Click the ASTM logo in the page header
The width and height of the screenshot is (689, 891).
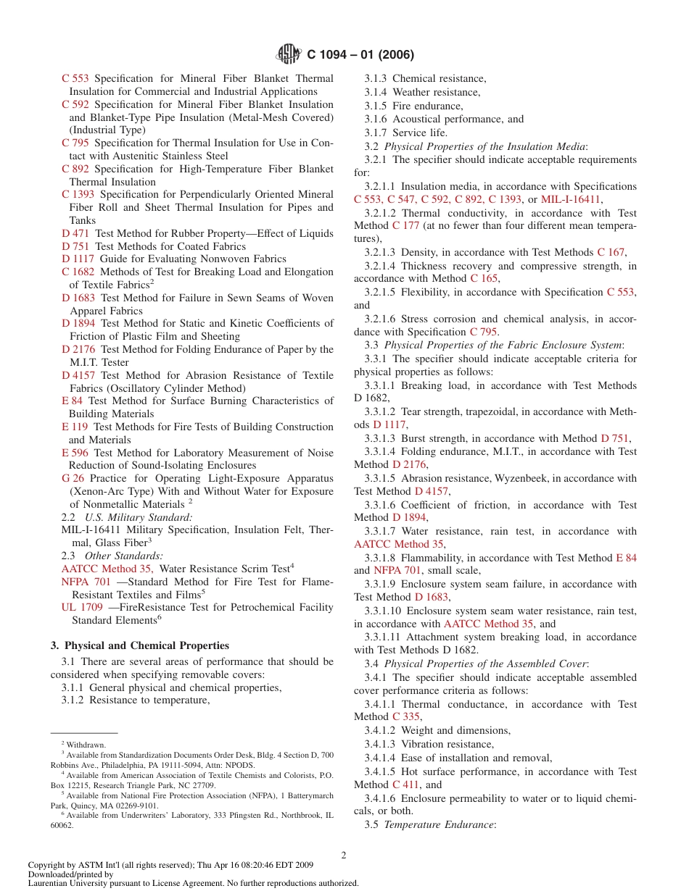coord(289,54)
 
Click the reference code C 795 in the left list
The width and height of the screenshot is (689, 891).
coord(75,143)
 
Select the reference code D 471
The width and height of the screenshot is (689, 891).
coord(75,233)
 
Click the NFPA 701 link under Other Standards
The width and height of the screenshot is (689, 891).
coord(86,582)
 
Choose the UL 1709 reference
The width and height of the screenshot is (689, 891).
coord(82,607)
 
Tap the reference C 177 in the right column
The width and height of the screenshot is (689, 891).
coord(405,226)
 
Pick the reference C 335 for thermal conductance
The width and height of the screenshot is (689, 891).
coord(405,716)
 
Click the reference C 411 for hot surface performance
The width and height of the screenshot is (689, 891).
coord(405,785)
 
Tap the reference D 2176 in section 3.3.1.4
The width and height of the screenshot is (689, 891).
coord(408,464)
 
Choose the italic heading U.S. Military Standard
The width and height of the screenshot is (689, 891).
coord(138,517)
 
